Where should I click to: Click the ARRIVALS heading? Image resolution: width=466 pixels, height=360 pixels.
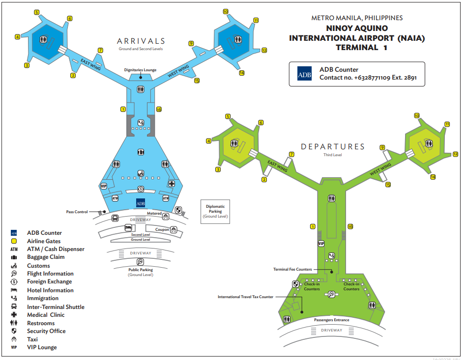click(141, 41)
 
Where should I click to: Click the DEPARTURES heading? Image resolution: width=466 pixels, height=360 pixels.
click(333, 147)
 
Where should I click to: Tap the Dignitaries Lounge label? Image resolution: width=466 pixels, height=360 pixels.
click(140, 70)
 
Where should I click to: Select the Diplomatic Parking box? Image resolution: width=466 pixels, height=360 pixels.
click(215, 212)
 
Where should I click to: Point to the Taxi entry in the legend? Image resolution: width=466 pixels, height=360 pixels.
click(32, 339)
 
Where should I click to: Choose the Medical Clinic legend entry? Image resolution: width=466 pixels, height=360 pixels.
click(45, 315)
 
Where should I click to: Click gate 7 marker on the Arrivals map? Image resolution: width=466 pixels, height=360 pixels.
click(100, 50)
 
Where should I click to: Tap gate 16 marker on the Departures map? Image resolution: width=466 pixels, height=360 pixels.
click(350, 227)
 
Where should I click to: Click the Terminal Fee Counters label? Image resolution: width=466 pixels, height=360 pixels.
click(292, 269)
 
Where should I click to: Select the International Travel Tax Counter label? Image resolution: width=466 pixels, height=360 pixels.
click(245, 297)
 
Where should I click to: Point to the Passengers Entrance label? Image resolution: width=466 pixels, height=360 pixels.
click(331, 320)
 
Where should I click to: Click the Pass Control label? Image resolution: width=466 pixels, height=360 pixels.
click(77, 212)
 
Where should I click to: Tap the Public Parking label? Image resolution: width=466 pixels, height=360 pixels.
click(140, 270)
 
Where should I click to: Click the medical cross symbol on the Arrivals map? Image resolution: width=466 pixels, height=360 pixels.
click(171, 184)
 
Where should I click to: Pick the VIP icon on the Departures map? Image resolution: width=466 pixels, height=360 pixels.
click(321, 244)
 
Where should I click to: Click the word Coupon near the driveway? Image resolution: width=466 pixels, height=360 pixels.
click(162, 229)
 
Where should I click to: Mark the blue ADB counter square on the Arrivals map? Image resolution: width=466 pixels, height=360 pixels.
click(141, 203)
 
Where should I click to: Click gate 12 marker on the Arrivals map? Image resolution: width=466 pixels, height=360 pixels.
click(264, 50)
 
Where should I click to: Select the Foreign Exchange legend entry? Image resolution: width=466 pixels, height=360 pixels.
click(49, 282)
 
